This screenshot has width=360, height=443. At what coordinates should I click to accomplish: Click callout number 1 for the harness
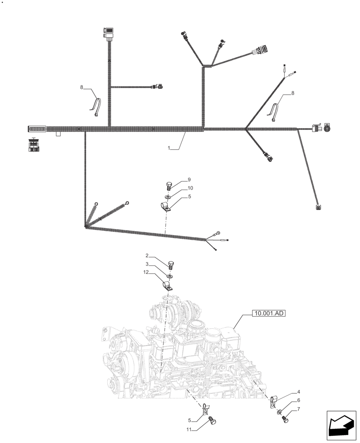click(x=169, y=149)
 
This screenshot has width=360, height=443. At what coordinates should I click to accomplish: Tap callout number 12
click(x=146, y=272)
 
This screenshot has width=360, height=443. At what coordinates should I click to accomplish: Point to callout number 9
click(x=189, y=179)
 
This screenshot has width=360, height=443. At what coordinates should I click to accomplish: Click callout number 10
click(x=190, y=188)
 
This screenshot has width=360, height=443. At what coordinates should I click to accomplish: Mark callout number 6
click(x=299, y=412)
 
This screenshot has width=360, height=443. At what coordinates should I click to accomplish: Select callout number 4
click(x=299, y=392)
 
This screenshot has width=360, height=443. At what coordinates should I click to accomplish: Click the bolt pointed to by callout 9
click(x=168, y=185)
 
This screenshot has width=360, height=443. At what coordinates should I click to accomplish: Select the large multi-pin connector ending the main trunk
click(x=36, y=129)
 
